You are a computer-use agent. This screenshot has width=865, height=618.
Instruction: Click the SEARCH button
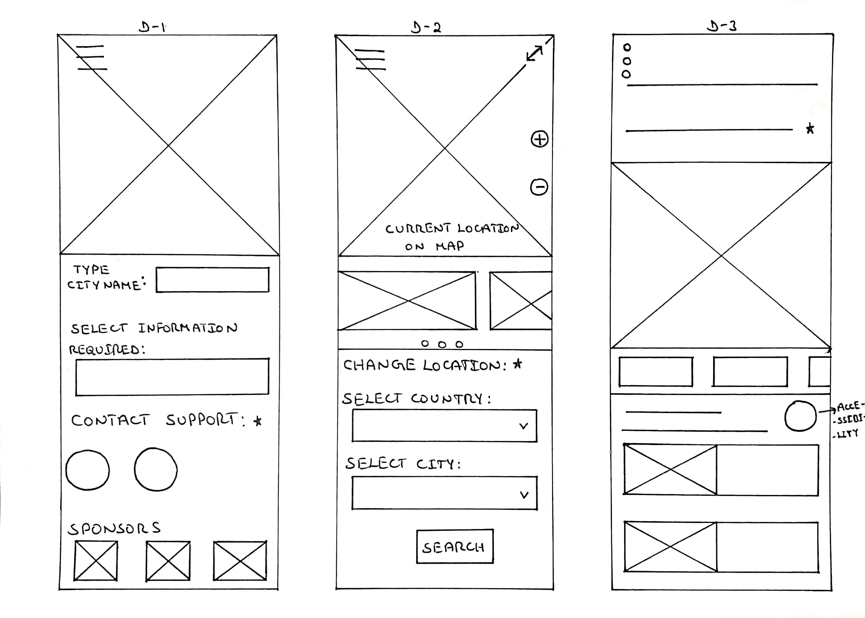pos(454,547)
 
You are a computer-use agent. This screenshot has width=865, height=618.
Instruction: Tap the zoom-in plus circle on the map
pos(539,139)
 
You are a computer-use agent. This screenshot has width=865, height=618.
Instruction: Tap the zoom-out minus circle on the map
pos(539,187)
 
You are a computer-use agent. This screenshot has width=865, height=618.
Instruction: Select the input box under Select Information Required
pos(172,377)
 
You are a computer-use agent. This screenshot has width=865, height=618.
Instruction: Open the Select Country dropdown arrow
pos(524,426)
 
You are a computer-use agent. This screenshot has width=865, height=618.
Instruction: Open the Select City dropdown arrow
pos(524,495)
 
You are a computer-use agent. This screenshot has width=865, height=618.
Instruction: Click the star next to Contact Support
pos(258,421)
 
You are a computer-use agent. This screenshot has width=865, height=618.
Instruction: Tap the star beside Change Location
pos(518,364)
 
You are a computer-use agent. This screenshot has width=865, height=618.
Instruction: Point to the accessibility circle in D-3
pos(800,416)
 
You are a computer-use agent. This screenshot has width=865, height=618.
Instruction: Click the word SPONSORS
pos(114,528)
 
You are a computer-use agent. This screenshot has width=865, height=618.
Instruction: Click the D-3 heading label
pos(721,26)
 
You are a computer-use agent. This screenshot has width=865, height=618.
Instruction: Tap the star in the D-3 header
pos(810,129)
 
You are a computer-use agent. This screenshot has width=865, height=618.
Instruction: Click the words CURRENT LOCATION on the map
pos(452,229)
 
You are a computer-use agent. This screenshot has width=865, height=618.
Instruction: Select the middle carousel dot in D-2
pos(442,345)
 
